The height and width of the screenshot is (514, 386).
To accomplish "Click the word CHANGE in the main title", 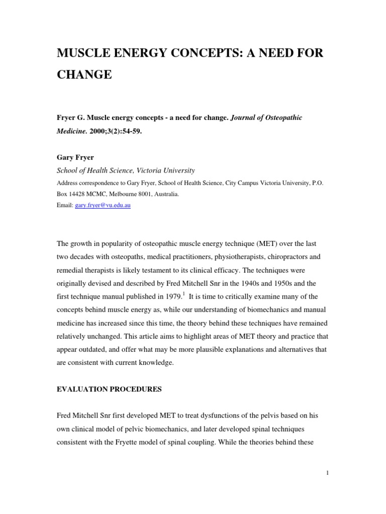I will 84,75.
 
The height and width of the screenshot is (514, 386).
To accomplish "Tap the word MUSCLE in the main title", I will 86,54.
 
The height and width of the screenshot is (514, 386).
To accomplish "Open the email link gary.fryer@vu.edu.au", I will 103,206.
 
